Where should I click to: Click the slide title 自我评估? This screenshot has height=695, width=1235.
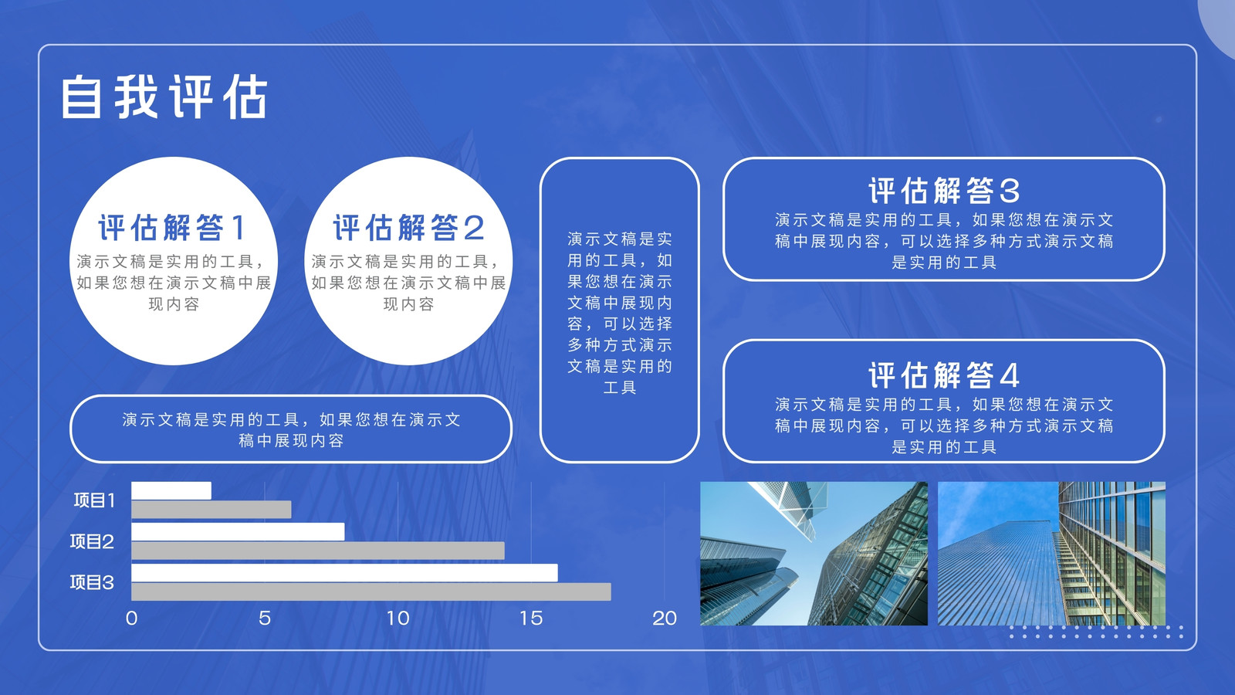point(164,97)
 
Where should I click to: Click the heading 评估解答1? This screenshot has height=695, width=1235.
point(172,227)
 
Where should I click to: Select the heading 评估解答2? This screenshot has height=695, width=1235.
point(408,227)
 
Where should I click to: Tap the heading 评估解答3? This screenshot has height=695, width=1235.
point(944,191)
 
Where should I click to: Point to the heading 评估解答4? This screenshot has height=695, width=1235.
point(944,375)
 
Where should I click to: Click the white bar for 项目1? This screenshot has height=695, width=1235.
point(171,491)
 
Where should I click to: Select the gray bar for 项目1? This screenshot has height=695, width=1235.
point(211,510)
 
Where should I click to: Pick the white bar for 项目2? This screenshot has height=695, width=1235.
point(239,532)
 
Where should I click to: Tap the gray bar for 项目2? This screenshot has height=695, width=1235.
point(318,551)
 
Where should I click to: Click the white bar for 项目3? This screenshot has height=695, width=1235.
point(344,572)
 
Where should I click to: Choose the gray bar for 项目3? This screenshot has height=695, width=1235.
point(371,592)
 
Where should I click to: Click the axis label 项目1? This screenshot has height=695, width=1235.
point(95,500)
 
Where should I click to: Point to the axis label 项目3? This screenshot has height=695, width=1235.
point(92,582)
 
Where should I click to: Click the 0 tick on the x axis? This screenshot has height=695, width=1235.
point(131,619)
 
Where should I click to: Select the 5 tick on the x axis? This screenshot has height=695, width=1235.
point(265,619)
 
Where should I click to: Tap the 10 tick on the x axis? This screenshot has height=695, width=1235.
point(398,619)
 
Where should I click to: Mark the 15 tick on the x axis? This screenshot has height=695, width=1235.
point(531,619)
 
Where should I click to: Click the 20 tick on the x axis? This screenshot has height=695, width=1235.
point(665,619)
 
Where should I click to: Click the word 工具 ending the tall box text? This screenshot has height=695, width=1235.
point(620,387)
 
